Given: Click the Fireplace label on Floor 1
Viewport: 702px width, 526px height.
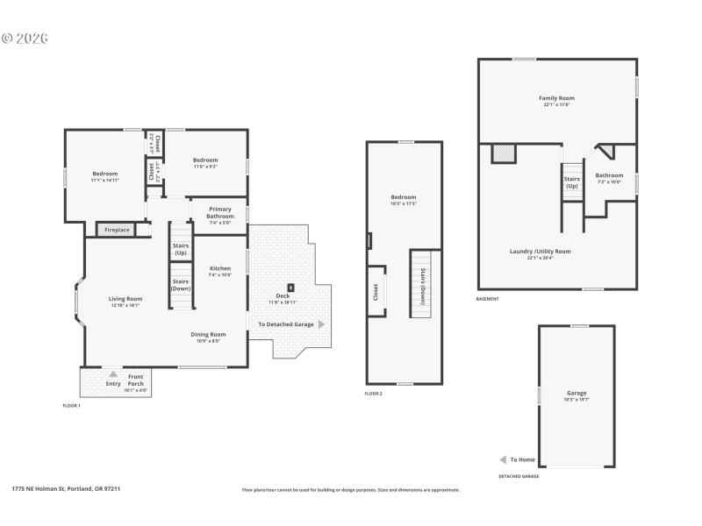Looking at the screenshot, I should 117,230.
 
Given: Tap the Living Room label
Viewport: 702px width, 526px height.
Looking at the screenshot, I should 125,299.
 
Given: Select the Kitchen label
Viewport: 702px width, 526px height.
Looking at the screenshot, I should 220,268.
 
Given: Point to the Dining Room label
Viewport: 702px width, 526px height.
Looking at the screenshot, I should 209,334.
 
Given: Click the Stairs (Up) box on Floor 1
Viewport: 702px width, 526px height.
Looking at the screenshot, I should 181,249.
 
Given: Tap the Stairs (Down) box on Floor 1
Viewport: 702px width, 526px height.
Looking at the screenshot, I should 181,285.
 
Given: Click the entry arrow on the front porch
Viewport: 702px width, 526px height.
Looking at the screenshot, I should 113,374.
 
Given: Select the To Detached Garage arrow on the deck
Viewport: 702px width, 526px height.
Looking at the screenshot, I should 321,324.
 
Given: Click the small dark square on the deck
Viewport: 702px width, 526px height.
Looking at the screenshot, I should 291,287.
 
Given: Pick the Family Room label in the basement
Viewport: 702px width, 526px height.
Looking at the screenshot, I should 556,98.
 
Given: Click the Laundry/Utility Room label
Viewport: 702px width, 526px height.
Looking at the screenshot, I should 540,251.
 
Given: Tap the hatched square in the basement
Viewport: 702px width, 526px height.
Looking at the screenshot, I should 503,153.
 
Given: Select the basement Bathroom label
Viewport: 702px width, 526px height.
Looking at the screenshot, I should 609,175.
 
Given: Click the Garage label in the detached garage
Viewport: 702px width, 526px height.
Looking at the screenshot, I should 577,393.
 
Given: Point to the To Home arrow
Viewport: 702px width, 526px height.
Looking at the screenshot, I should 503,459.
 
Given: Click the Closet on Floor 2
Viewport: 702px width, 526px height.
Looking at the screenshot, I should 376,292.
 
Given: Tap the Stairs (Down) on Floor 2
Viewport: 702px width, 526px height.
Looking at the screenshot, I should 422,285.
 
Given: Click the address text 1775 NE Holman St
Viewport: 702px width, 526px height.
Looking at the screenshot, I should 66,488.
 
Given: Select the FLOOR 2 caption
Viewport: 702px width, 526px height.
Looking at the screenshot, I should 374,394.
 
